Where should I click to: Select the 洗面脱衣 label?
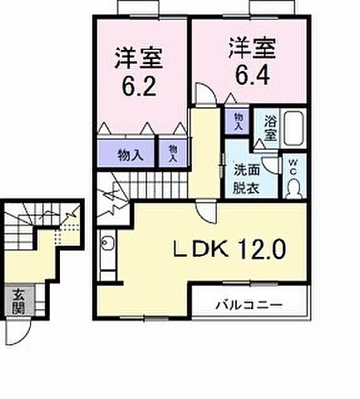[246, 176]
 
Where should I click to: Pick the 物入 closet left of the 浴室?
[239, 122]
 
